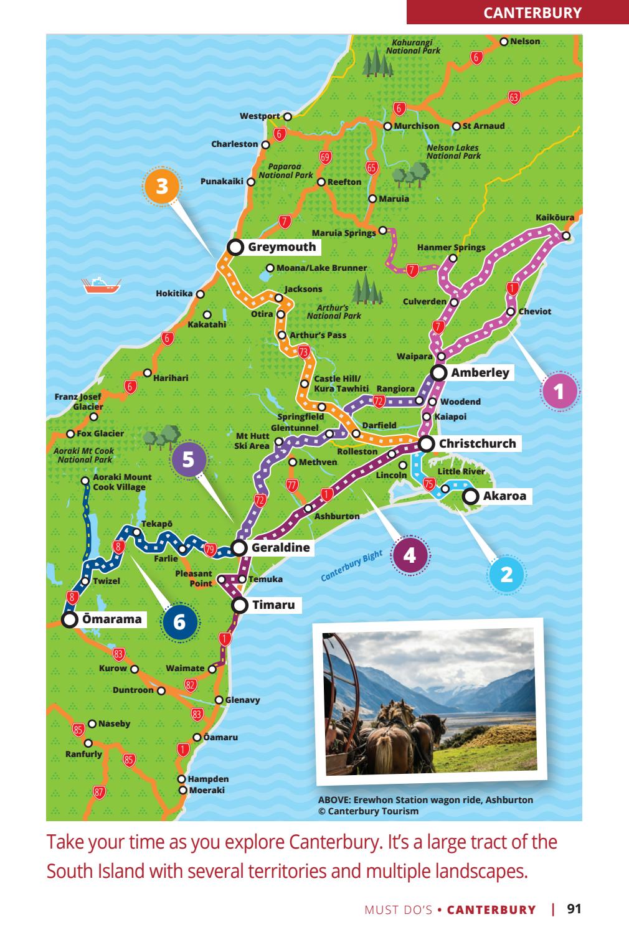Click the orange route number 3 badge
162,186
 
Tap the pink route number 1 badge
559,392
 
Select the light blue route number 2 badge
507,573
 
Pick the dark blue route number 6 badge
179,621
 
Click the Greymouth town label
281,247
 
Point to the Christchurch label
477,444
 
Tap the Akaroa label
504,496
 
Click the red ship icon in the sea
100,285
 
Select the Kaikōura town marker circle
565,235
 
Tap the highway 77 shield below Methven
291,485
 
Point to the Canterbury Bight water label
351,566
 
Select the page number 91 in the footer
574,909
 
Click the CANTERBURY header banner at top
518,12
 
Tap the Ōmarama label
112,619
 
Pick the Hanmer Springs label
451,247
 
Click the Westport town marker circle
287,116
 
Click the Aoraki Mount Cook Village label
121,482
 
